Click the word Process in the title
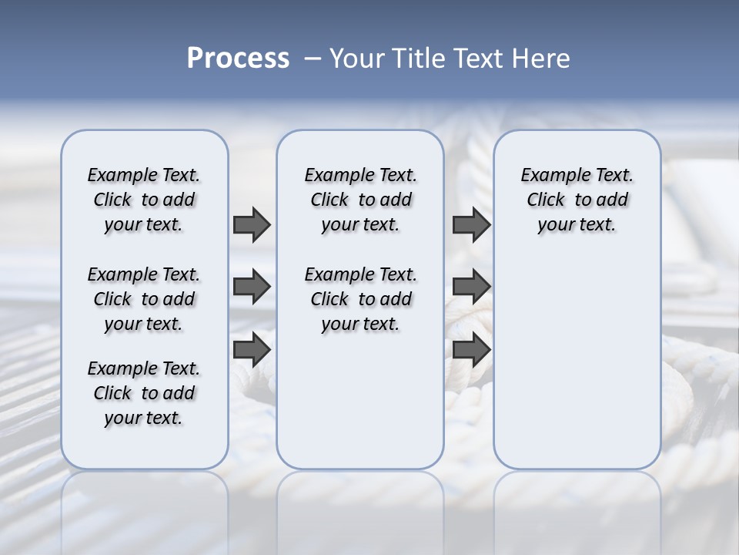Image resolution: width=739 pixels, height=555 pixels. pos(238,59)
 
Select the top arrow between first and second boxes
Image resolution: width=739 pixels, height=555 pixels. pos(252,224)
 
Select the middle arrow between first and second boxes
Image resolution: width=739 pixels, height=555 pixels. pos(252,287)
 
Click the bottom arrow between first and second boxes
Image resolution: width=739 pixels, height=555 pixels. pos(252,349)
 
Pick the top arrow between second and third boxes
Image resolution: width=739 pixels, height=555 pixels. pos(471,224)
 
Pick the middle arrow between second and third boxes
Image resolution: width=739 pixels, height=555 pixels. pos(471,287)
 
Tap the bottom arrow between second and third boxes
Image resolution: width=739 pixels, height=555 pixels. pos(471,349)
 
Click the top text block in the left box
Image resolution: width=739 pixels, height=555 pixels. pos(144,200)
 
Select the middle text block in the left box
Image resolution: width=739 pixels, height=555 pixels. pos(144,299)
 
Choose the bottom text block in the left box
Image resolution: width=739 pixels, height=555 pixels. pos(144,393)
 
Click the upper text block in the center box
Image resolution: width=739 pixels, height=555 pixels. pos(360,200)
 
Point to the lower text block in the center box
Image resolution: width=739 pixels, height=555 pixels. pos(360,299)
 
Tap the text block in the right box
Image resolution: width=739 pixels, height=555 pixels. pos(577,200)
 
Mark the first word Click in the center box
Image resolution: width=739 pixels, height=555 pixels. pos(329,200)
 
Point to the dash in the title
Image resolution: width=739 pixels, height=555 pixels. pos(313,59)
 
